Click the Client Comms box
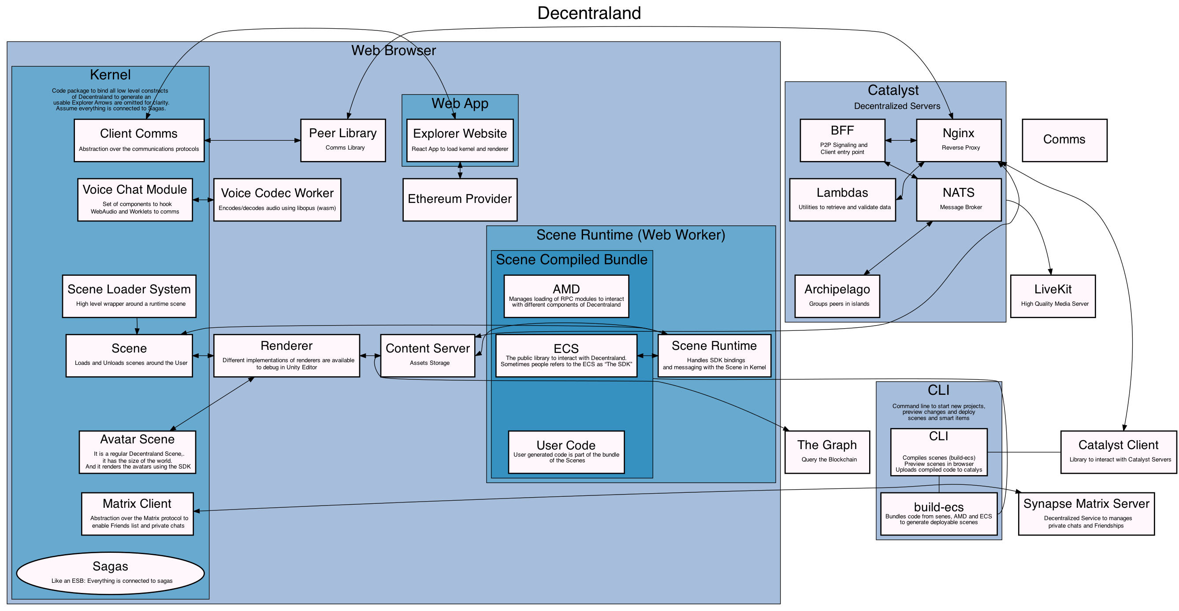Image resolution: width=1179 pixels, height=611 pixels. [139, 140]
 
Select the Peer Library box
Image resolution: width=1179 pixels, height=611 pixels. [343, 140]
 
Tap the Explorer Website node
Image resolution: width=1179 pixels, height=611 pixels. [460, 140]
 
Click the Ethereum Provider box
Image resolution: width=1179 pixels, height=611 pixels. [460, 199]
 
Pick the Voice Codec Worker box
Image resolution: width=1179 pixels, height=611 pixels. [277, 199]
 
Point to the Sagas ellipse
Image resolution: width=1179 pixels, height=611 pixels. [110, 573]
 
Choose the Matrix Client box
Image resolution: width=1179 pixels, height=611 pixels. [138, 514]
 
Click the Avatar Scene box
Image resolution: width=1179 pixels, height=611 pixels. [138, 452]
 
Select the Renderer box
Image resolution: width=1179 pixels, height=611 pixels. [286, 356]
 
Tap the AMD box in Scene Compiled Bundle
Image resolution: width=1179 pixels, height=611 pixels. [566, 296]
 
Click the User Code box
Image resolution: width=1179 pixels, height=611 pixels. [566, 452]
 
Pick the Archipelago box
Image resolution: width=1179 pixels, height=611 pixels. [837, 296]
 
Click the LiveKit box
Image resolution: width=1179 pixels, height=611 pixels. [1053, 296]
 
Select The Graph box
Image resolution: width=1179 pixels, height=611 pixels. [827, 452]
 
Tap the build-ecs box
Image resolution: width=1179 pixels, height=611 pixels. [939, 514]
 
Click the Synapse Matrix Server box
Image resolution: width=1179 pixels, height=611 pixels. [1086, 514]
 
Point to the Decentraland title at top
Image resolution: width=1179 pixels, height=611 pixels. [589, 13]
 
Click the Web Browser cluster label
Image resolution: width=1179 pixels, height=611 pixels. [394, 50]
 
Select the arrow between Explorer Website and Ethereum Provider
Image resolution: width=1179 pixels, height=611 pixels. [460, 170]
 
